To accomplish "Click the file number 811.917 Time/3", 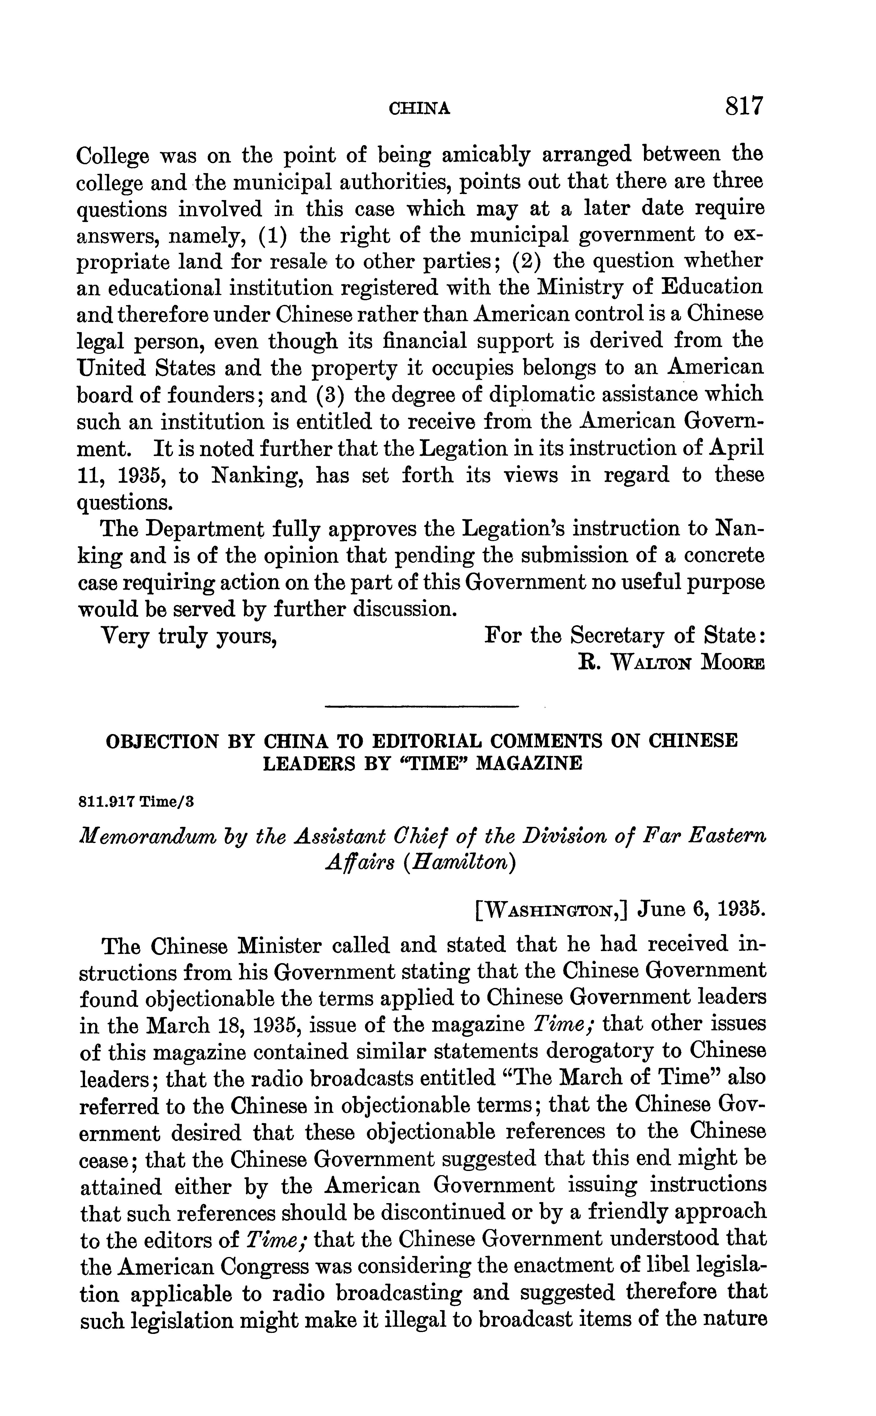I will point(136,802).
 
